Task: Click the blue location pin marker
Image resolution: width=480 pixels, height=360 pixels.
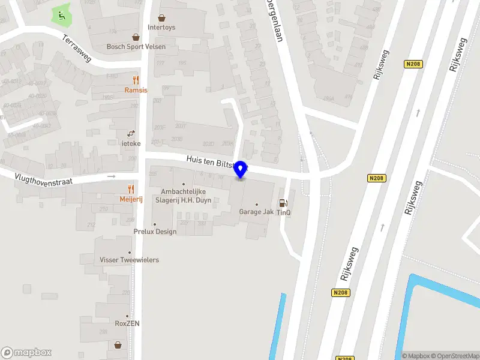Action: pyautogui.click(x=241, y=170)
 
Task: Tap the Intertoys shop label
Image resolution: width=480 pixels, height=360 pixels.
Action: pyautogui.click(x=161, y=27)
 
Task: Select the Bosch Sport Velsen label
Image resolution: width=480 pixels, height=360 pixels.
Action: pyautogui.click(x=136, y=46)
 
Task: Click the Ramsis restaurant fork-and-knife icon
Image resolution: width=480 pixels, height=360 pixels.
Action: pyautogui.click(x=136, y=80)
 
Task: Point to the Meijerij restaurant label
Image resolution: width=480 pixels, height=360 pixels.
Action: pyautogui.click(x=130, y=199)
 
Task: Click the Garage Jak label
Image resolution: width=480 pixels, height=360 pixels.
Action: pyautogui.click(x=256, y=212)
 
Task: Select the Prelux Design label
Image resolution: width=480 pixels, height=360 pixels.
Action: pyautogui.click(x=155, y=232)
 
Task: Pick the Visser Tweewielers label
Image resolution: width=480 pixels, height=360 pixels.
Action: pyautogui.click(x=129, y=260)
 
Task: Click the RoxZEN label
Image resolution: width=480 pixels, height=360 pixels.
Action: pyautogui.click(x=127, y=323)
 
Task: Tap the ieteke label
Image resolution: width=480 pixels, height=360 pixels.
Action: pyautogui.click(x=131, y=144)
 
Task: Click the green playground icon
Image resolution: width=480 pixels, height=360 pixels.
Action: pyautogui.click(x=60, y=15)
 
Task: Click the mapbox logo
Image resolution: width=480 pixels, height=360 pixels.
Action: pyautogui.click(x=26, y=353)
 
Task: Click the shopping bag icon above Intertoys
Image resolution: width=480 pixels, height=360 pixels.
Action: pyautogui.click(x=161, y=18)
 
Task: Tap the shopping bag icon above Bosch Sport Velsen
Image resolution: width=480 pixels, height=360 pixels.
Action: pyautogui.click(x=136, y=37)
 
